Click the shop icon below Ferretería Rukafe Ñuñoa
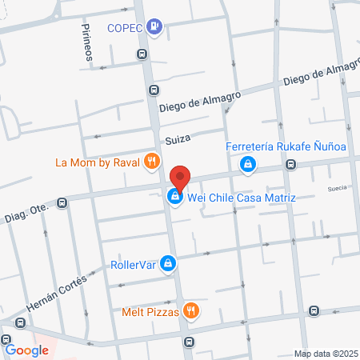coord(248,165)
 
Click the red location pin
coord(181,178)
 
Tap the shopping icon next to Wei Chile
coord(174,196)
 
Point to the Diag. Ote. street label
coord(26,214)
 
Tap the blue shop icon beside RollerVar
coord(167,262)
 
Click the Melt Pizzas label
coord(148,310)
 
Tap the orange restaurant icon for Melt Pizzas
coord(190,310)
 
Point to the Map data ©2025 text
coord(326,354)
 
